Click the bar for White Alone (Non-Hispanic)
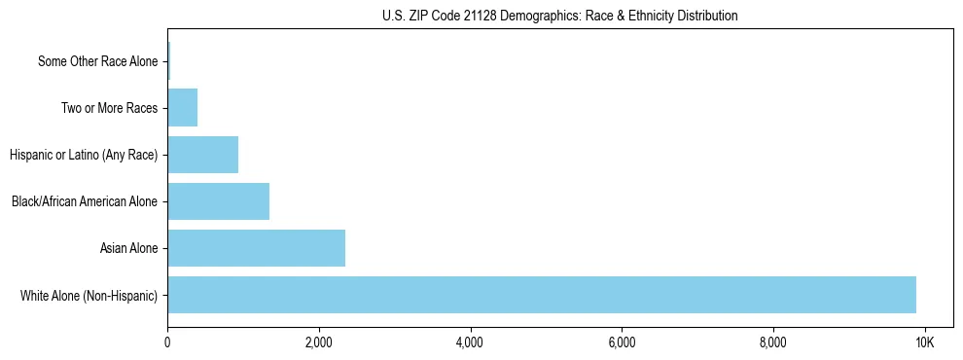click(x=541, y=295)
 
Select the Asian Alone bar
click(x=256, y=248)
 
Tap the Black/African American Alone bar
click(x=218, y=201)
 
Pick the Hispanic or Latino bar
click(x=202, y=155)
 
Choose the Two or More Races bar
click(x=182, y=108)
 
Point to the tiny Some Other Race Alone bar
click(x=168, y=61)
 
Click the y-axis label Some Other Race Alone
click(x=97, y=61)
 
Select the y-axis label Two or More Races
click(x=109, y=108)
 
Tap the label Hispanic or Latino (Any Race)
click(x=83, y=155)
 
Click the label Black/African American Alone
click(x=85, y=201)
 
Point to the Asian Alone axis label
click(x=128, y=248)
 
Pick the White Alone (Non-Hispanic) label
click(x=89, y=295)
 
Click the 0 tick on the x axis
click(x=167, y=342)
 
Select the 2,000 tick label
click(x=318, y=342)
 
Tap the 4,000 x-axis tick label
click(x=470, y=342)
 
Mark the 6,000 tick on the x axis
click(x=622, y=342)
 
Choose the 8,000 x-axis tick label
click(x=773, y=342)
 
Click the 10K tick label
click(x=924, y=342)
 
